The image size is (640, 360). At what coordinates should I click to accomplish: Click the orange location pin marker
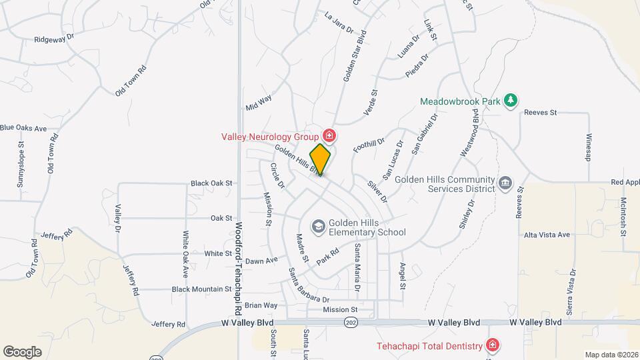(321, 159)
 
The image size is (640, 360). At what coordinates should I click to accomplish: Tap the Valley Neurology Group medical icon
(329, 136)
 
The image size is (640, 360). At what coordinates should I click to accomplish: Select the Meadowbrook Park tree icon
(511, 101)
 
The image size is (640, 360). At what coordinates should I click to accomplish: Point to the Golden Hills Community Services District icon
(505, 183)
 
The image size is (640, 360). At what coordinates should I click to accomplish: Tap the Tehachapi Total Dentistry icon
(492, 345)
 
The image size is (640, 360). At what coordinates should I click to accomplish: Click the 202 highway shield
(351, 323)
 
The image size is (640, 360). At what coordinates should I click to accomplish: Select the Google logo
(22, 351)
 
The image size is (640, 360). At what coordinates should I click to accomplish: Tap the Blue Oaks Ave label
(23, 127)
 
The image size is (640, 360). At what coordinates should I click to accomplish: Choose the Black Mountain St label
(201, 289)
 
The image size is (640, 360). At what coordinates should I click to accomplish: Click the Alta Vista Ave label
(547, 235)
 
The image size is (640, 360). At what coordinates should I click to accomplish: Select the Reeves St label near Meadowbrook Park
(540, 113)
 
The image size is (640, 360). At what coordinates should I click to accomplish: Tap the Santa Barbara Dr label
(308, 285)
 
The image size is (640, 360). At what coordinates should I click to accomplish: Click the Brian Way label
(261, 305)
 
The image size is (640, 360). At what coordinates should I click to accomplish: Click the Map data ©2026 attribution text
(610, 354)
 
